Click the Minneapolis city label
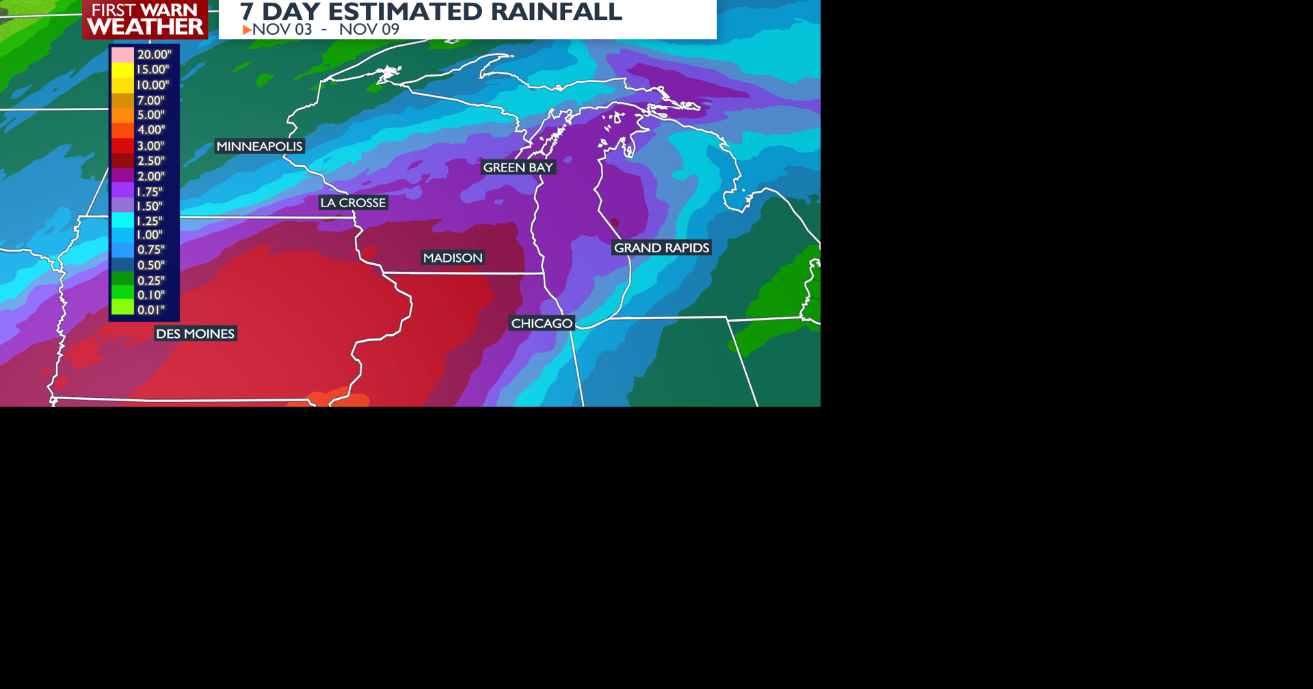tap(259, 146)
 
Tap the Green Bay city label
tap(518, 167)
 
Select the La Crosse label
tap(353, 202)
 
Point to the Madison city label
tap(453, 258)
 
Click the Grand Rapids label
tap(661, 247)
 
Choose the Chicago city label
tap(542, 323)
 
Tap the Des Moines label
tap(195, 334)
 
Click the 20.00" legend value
tap(153, 55)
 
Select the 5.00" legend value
tap(150, 115)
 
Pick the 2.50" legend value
tap(150, 161)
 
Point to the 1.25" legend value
tap(150, 221)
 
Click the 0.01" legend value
tap(150, 310)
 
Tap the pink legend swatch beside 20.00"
tap(122, 55)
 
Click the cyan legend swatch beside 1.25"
tap(122, 220)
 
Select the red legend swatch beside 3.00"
tap(122, 146)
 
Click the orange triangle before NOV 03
tap(247, 30)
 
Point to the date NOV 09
tap(369, 29)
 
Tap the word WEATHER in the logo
tap(146, 27)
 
